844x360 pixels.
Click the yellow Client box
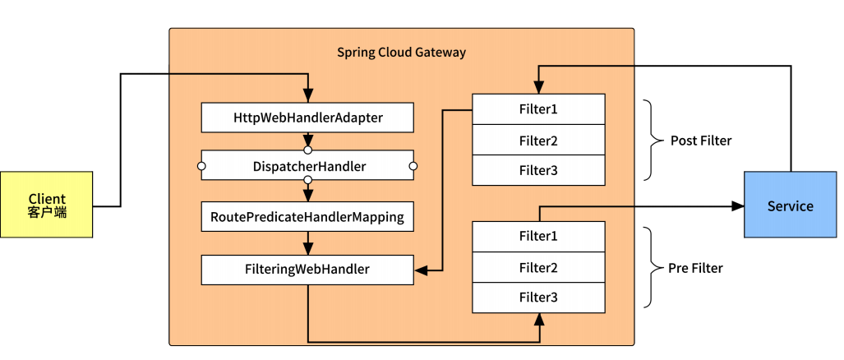point(47,205)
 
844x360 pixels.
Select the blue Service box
point(790,205)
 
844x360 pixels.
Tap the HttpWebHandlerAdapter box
point(307,118)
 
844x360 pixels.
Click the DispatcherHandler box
point(307,167)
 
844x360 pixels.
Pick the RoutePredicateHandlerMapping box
point(307,217)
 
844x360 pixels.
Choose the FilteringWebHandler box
point(307,269)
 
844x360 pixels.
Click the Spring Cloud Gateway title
point(401,53)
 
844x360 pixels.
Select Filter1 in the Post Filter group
point(538,108)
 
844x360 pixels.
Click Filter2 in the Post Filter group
point(538,141)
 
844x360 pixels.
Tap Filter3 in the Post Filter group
point(538,170)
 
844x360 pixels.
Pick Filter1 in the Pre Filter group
point(538,237)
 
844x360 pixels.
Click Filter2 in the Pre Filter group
point(538,267)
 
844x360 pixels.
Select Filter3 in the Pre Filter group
point(538,298)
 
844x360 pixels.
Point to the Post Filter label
point(700,141)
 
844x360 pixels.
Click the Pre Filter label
point(696,268)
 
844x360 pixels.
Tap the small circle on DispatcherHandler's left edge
point(201,167)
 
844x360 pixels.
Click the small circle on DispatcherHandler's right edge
point(413,167)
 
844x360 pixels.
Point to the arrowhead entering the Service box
point(738,205)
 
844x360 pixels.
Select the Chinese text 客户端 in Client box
point(47,212)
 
